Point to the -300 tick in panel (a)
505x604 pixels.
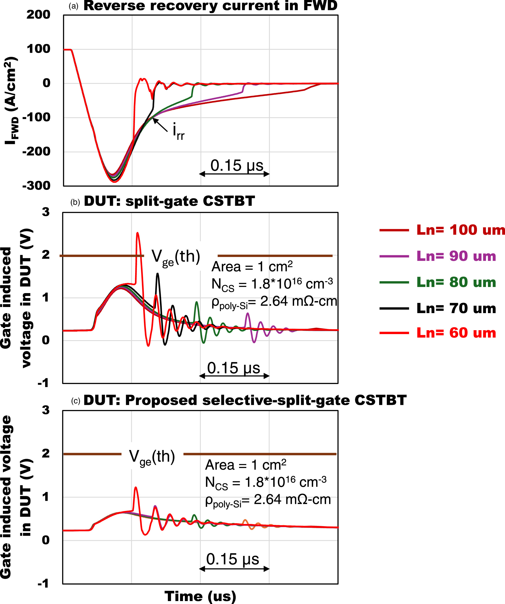[37, 186]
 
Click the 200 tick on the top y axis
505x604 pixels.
[39, 15]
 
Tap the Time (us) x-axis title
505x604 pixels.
[200, 596]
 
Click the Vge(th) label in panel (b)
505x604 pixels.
[176, 256]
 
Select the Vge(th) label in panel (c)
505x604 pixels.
[152, 457]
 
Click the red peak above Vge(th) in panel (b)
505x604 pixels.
[137, 233]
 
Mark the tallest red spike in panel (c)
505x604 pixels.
[135, 488]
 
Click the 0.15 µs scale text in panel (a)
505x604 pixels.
[237, 166]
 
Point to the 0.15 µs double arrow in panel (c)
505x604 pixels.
[234, 568]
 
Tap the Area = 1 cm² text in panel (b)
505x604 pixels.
[252, 267]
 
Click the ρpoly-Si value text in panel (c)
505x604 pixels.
[268, 500]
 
